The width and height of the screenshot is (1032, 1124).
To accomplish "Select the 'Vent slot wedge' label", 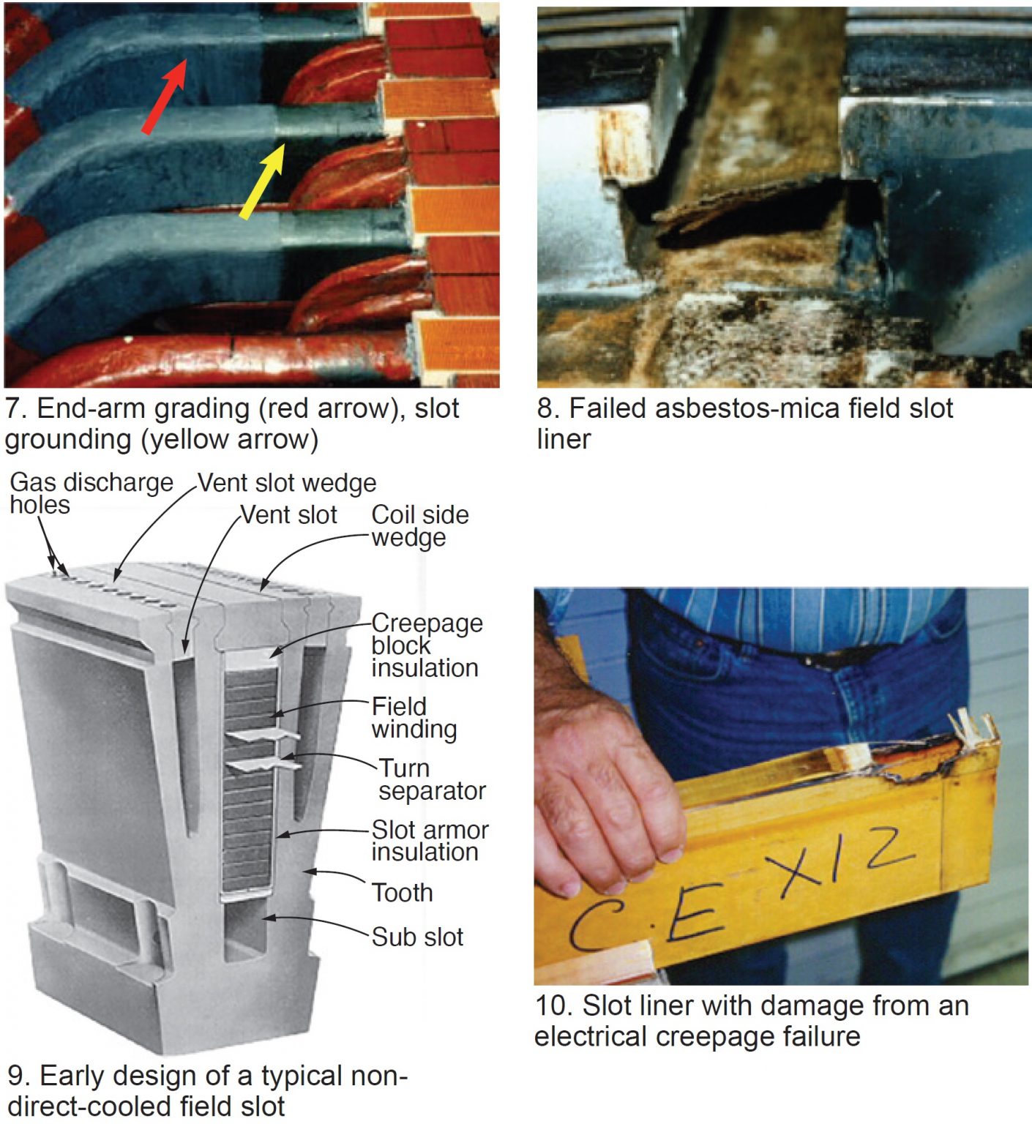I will (287, 483).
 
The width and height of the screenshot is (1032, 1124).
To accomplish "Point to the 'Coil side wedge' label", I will (419, 525).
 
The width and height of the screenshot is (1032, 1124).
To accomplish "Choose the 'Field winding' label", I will (414, 717).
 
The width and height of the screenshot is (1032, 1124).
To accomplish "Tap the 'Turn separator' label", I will (431, 779).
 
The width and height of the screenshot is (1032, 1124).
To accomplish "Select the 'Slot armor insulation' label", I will (430, 840).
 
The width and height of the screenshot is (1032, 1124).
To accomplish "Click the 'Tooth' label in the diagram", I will (402, 892).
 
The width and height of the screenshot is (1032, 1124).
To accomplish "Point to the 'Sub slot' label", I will (417, 937).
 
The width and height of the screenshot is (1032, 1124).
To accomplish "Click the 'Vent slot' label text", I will (289, 514).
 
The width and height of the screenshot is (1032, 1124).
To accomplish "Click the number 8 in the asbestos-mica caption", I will (545, 408).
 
